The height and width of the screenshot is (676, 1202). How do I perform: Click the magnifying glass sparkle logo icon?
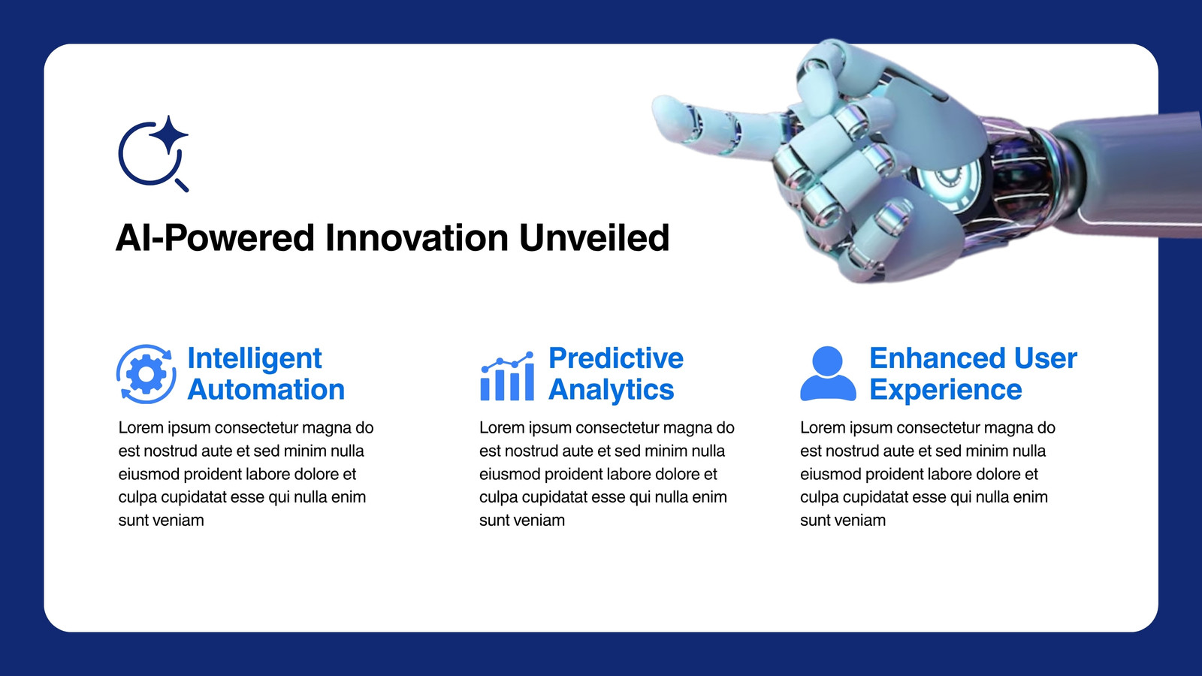coord(153,154)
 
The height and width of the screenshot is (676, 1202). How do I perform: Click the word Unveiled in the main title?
coord(594,237)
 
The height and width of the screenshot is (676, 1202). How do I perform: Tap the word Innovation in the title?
coord(417,237)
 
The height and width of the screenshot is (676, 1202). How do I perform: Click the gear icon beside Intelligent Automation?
coord(146,374)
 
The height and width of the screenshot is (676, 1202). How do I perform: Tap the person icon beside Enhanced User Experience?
coord(828,374)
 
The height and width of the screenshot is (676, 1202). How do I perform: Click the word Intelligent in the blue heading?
coord(255,358)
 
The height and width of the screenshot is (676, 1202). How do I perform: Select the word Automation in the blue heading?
coord(266,390)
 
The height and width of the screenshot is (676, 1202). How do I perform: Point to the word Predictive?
coord(616,358)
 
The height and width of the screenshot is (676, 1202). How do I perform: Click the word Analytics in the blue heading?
coord(612,390)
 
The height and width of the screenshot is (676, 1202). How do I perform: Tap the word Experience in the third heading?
coord(946,390)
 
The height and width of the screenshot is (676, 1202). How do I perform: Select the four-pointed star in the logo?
coord(168,135)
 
